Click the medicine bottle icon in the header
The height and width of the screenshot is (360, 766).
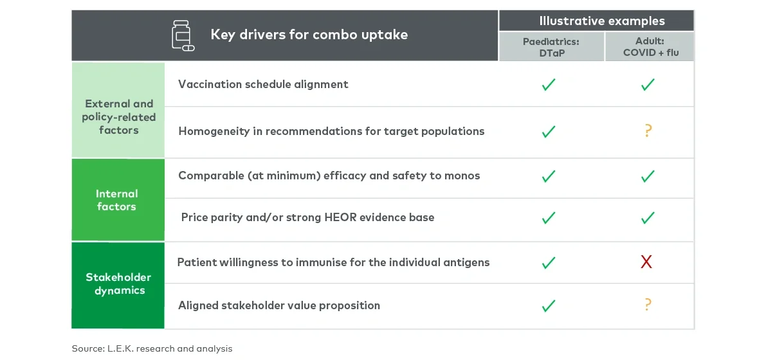(x=183, y=35)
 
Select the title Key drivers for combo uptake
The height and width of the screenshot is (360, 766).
(x=309, y=35)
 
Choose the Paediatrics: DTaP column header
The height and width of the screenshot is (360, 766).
(x=551, y=47)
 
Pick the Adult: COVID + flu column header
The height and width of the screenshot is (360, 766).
(x=649, y=47)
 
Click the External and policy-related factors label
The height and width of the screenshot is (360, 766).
(x=118, y=116)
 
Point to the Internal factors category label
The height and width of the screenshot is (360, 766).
(x=116, y=200)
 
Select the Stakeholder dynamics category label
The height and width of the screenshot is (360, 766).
(x=118, y=283)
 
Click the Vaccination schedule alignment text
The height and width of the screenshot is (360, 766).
(x=263, y=84)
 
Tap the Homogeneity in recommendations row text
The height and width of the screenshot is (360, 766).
(x=331, y=131)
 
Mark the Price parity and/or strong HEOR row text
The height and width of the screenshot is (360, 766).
(x=307, y=217)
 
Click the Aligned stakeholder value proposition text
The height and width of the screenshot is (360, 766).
(x=279, y=305)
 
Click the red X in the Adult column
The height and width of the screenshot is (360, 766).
(x=646, y=262)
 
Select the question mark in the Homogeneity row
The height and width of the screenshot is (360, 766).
(x=648, y=131)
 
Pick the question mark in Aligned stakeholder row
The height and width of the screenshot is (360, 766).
(x=648, y=305)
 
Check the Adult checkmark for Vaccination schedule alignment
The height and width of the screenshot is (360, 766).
(x=648, y=84)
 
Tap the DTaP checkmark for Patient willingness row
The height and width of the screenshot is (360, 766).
(x=549, y=262)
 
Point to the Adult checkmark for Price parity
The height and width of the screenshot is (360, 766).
(x=648, y=218)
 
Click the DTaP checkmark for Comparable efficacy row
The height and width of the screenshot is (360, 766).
(x=549, y=176)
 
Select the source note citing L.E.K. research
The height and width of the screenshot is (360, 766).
(x=152, y=348)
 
